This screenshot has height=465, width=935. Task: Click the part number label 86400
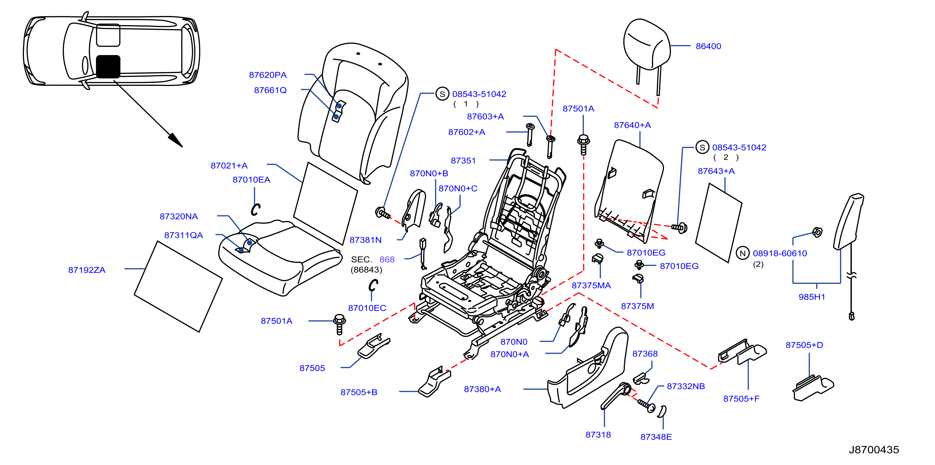(x=708, y=46)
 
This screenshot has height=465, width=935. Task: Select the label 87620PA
(x=268, y=75)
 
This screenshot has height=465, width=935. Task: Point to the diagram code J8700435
(x=874, y=450)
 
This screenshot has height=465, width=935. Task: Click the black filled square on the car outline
(x=108, y=66)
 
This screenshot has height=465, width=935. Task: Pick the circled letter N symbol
(x=742, y=253)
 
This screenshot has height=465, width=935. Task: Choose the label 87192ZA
(x=87, y=270)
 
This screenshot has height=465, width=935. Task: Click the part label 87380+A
(x=482, y=389)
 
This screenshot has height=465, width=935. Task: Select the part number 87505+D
(x=804, y=345)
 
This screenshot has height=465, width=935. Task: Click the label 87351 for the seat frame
(x=463, y=161)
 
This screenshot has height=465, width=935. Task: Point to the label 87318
(x=598, y=435)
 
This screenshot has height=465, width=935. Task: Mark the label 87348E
(x=656, y=437)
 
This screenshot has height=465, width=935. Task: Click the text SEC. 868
(x=373, y=260)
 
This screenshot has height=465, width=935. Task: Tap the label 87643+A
(x=716, y=171)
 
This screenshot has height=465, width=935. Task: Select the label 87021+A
(x=229, y=166)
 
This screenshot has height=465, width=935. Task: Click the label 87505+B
(x=359, y=392)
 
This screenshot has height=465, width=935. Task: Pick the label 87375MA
(x=591, y=286)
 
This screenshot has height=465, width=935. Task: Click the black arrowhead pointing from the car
(x=176, y=140)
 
